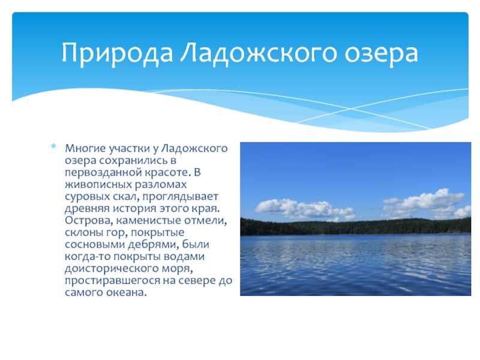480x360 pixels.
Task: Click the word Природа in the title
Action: click(x=118, y=53)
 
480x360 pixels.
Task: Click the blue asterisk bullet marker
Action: click(x=53, y=146)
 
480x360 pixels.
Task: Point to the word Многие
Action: click(x=81, y=148)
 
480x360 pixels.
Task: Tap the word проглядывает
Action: click(x=181, y=197)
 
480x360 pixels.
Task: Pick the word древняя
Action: click(x=87, y=208)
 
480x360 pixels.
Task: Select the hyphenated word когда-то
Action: click(x=88, y=256)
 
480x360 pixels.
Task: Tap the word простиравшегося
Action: click(x=112, y=281)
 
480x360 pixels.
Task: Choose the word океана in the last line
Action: click(x=127, y=293)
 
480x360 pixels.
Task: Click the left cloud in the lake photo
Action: click(x=305, y=209)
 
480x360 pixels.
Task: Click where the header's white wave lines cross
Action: click(x=351, y=109)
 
